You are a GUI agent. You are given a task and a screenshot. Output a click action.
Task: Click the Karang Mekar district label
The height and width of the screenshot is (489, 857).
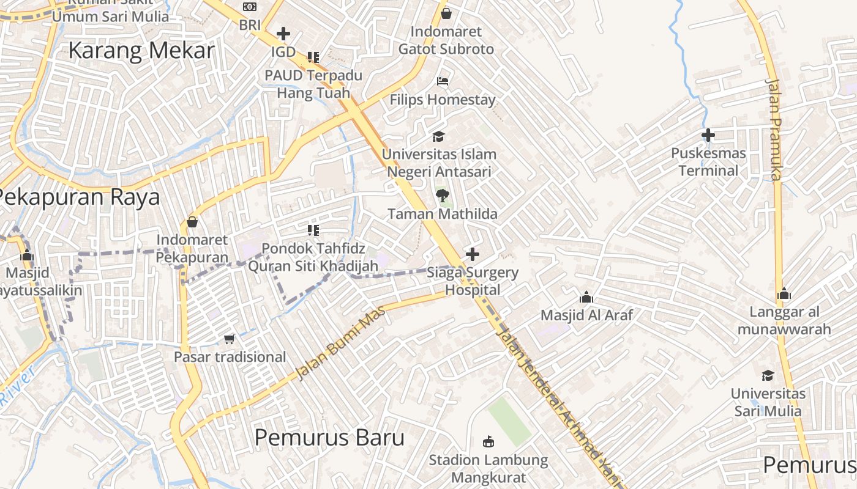[141, 51]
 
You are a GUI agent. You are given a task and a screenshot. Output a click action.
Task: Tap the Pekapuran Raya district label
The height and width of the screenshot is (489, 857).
[78, 197]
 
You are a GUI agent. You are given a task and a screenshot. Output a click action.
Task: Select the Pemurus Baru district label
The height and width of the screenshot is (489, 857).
[329, 438]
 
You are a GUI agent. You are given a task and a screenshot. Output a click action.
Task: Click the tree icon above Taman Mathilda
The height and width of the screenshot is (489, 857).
[442, 196]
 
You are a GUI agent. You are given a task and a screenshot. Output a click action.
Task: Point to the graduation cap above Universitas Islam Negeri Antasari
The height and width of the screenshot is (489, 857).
[438, 136]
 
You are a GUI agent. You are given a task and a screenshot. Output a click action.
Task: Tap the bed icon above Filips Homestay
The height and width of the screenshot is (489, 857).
[443, 81]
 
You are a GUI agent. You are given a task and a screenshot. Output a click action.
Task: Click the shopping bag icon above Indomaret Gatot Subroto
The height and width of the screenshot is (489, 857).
[446, 13]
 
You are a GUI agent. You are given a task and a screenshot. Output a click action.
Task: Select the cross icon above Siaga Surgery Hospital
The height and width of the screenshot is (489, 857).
[473, 254]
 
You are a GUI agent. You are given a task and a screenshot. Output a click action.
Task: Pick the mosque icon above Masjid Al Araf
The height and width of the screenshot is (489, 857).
[586, 298]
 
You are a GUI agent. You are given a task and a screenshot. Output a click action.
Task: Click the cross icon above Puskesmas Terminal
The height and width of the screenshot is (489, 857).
[708, 135]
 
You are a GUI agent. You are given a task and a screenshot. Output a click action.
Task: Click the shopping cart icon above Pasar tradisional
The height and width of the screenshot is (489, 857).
[230, 339]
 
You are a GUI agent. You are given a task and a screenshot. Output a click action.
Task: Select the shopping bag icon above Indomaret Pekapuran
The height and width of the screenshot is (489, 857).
[192, 221]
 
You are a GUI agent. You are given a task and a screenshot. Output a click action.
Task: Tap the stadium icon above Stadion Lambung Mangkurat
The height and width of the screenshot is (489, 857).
[488, 441]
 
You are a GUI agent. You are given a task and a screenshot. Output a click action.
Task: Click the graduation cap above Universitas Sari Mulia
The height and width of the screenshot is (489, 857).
[768, 375]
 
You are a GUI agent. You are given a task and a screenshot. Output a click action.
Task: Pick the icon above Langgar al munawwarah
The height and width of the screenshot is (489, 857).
[784, 294]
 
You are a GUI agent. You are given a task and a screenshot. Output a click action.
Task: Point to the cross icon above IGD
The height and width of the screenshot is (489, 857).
[283, 33]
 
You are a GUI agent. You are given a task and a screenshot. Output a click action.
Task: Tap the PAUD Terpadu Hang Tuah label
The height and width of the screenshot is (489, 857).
[313, 84]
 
